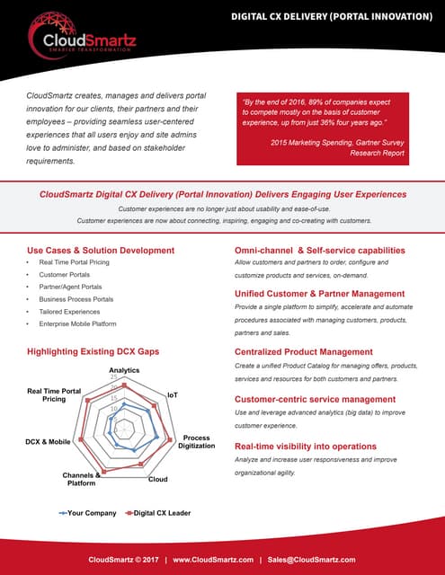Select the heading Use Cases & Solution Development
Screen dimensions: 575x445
(x=101, y=250)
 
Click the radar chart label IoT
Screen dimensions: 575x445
(x=173, y=394)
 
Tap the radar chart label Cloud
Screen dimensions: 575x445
(x=157, y=479)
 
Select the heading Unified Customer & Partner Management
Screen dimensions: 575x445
(x=319, y=294)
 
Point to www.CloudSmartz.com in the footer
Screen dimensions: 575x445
(x=214, y=559)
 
